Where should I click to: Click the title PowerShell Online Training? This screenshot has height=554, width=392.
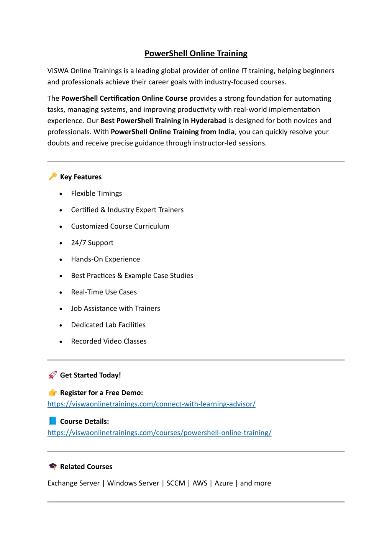pos(196,54)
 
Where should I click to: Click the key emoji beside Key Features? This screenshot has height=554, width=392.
pos(52,176)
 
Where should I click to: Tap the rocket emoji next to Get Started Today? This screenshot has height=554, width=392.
pos(52,375)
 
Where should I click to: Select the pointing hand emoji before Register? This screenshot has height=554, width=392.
pos(52,392)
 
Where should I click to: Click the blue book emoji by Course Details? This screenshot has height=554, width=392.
pos(52,421)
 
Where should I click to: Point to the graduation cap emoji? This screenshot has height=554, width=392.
pos(52,466)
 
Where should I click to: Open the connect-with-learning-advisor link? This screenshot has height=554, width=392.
pos(151,404)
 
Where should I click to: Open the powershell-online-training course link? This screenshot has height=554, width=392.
pos(159,433)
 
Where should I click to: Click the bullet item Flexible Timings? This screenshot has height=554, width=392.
pos(97,193)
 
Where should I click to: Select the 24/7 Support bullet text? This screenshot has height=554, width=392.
pos(92,243)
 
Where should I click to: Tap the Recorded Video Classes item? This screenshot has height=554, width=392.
pos(109,341)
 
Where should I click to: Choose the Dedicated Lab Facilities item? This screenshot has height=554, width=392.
pos(108,325)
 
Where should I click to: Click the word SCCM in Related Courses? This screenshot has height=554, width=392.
pos(175,483)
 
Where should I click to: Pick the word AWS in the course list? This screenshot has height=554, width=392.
pos(200,483)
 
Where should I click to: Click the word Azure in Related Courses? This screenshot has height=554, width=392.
pos(224,483)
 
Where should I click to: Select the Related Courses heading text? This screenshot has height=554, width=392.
pos(86,467)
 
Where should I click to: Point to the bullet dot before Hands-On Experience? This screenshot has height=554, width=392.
pos(61,260)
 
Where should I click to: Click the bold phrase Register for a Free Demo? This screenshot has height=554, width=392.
pos(102,393)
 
